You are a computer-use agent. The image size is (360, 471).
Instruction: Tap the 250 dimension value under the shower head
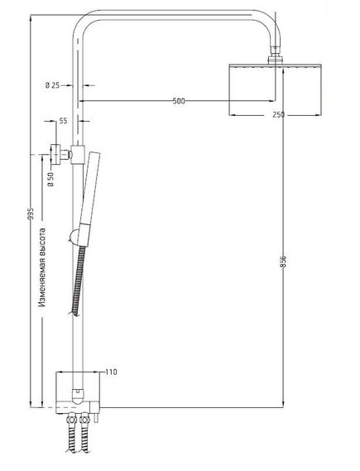click(x=278, y=115)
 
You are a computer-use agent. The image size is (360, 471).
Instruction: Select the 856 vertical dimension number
click(x=283, y=262)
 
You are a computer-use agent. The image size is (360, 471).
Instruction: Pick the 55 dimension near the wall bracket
click(x=64, y=121)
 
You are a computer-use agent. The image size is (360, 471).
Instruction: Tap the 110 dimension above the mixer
click(x=112, y=372)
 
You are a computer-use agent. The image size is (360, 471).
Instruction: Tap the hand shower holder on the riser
click(x=75, y=155)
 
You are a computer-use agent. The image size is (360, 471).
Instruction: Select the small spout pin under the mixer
click(x=95, y=419)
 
